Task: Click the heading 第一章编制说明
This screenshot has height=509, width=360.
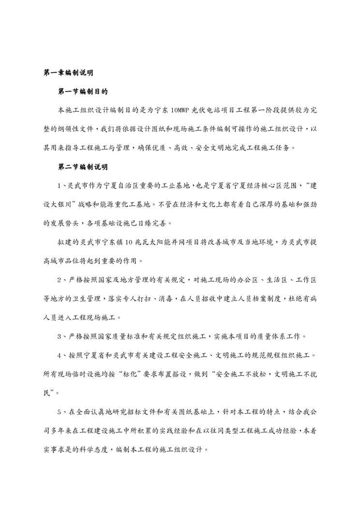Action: pyautogui.click(x=68, y=73)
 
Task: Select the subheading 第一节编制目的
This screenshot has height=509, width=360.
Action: pyautogui.click(x=82, y=91)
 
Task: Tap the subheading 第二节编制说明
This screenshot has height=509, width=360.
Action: pyautogui.click(x=82, y=167)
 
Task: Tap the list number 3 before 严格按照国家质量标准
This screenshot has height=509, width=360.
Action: pyautogui.click(x=60, y=337)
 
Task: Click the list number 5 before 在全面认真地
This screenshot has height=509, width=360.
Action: pyautogui.click(x=60, y=412)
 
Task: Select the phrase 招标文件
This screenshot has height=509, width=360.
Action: pyautogui.click(x=140, y=412)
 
